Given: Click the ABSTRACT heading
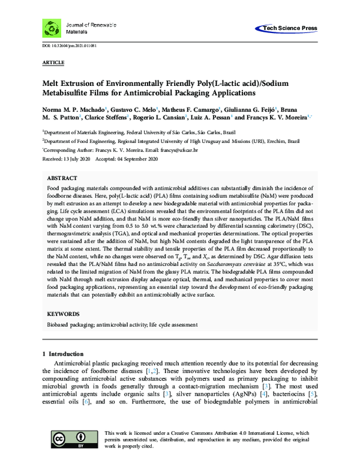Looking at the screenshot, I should click(x=62, y=179).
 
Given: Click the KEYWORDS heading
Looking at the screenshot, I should click(x=63, y=314).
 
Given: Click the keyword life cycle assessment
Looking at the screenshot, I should click(x=173, y=325).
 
